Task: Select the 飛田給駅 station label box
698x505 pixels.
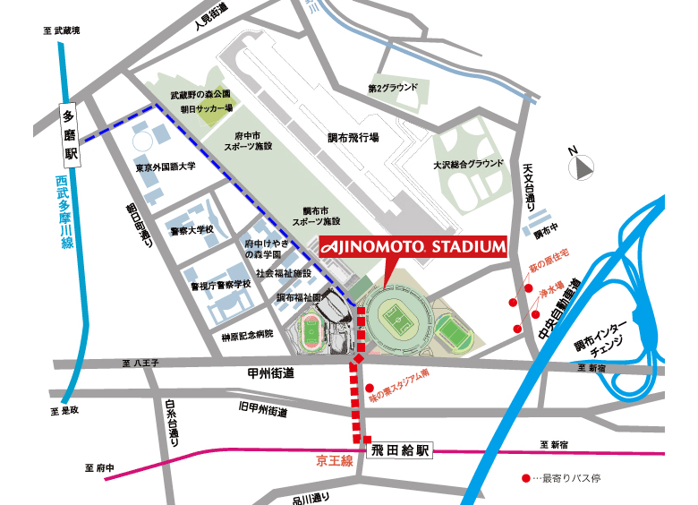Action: click(399, 450)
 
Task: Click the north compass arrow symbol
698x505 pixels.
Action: click(583, 166)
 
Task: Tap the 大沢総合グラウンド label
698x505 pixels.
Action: click(467, 165)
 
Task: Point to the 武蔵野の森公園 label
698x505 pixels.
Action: click(200, 94)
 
